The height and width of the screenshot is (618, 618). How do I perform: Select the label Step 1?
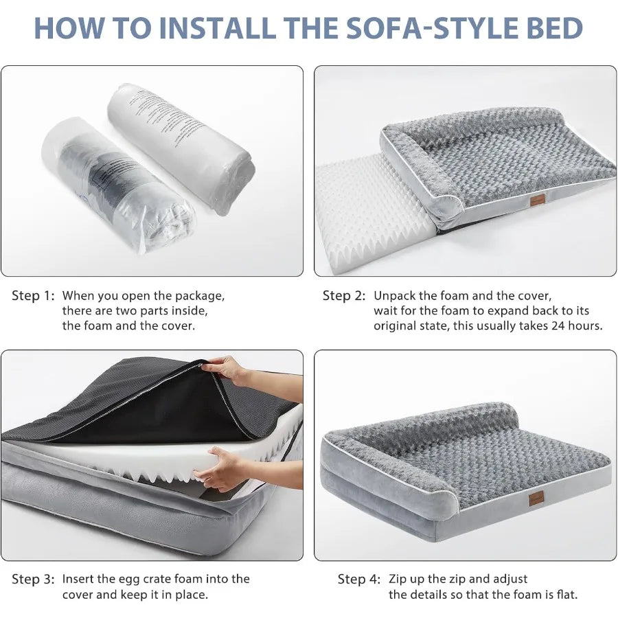(32, 296)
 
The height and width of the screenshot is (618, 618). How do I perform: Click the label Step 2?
(343, 296)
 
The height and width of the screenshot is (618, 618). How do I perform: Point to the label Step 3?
(32, 580)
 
